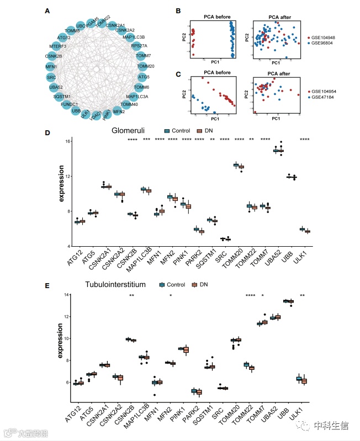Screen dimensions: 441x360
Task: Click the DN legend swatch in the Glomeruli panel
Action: point(201,131)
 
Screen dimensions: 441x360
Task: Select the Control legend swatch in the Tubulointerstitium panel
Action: point(162,285)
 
